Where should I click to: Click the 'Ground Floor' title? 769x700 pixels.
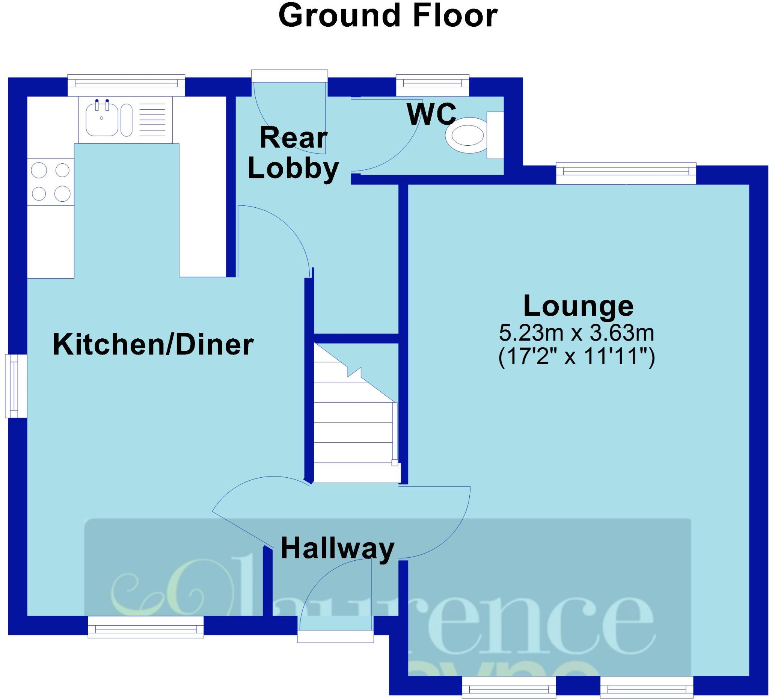point(388,16)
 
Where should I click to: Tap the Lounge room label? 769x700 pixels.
point(578,306)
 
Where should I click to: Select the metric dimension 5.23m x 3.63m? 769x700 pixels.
point(577,333)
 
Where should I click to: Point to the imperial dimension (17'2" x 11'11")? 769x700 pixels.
point(577,357)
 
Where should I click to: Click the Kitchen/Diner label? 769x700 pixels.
point(153,344)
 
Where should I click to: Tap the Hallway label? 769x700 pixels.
point(337,549)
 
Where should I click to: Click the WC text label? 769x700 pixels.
point(431,114)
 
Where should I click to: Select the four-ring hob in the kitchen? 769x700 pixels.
point(51,182)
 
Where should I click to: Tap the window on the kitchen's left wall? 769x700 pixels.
point(16,386)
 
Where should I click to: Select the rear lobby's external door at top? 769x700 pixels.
point(290,75)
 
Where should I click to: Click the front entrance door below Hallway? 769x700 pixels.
point(336,636)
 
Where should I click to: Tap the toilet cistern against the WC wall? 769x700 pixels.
point(495,135)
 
